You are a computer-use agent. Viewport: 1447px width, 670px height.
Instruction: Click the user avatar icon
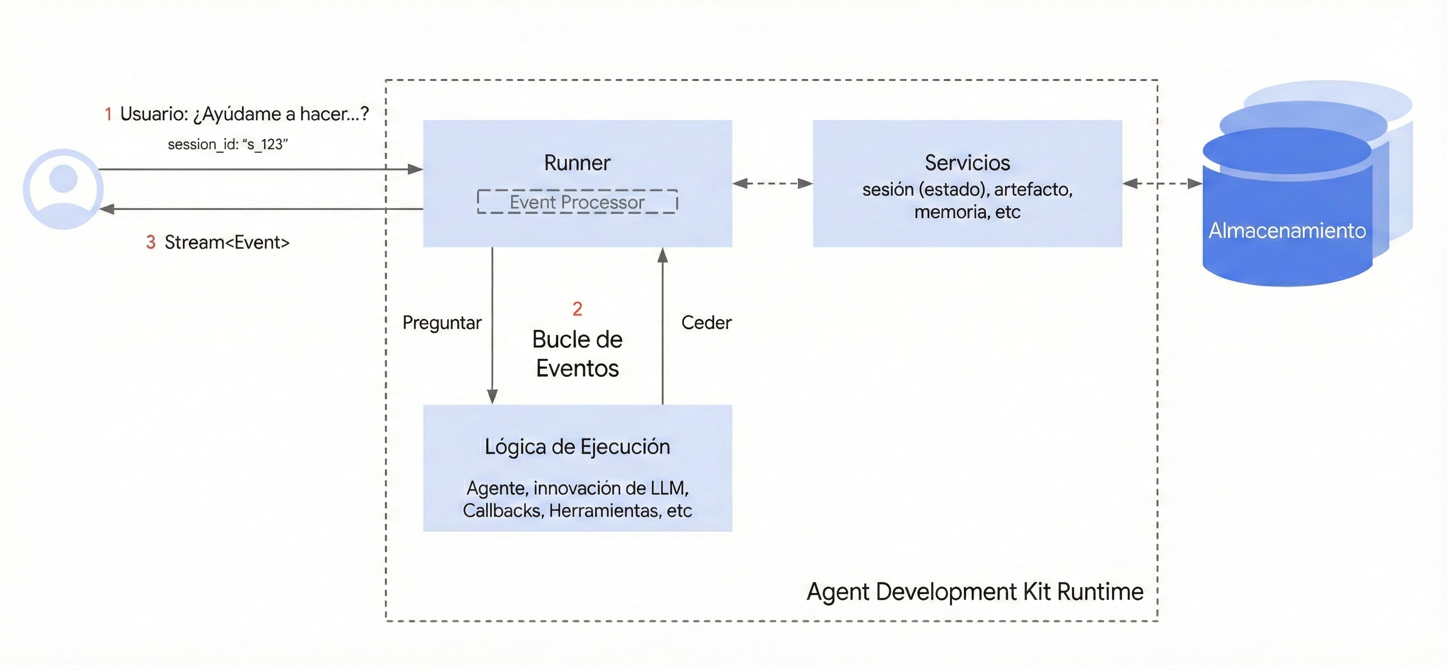coord(63,189)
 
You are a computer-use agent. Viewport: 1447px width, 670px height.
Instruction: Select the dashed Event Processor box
coord(577,202)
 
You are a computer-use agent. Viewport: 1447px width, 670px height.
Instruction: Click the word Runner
coord(577,163)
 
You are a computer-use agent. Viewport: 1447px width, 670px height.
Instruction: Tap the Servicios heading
coord(967,163)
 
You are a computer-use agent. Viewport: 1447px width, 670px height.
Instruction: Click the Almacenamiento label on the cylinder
coord(1287,231)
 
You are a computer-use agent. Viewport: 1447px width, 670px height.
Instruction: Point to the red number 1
coord(109,115)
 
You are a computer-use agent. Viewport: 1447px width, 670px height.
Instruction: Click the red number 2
coord(577,308)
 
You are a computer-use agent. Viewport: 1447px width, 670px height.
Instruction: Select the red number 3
coord(150,243)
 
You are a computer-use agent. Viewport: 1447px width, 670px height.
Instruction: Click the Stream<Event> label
coord(227,243)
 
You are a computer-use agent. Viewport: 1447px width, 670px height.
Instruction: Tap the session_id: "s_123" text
coord(228,144)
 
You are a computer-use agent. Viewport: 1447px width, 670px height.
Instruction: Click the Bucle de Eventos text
coord(577,354)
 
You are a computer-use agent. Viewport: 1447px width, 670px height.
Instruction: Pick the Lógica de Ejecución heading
coord(577,447)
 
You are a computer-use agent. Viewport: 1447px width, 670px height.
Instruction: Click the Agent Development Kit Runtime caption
coord(975,592)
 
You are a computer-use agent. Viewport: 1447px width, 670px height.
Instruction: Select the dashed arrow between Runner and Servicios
coord(773,183)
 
